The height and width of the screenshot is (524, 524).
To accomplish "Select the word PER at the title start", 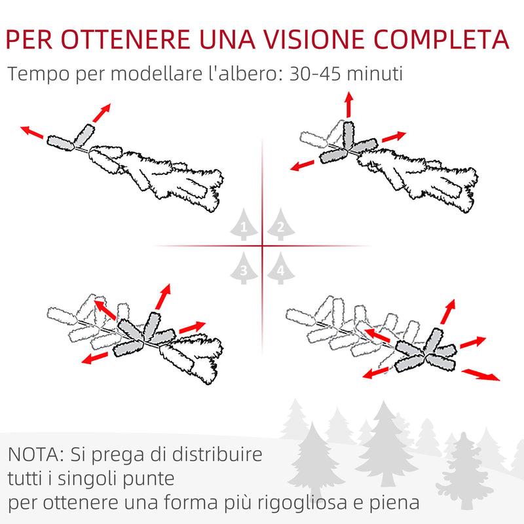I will [x=39, y=39].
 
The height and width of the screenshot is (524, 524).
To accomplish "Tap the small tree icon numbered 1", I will [x=244, y=225].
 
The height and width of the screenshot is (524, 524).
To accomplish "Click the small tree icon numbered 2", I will [x=280, y=225].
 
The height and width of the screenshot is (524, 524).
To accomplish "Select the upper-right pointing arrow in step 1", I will [x=101, y=113].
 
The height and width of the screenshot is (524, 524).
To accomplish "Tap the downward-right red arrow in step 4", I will [x=481, y=374].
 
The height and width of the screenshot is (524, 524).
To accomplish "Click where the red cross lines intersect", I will [x=263, y=246].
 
